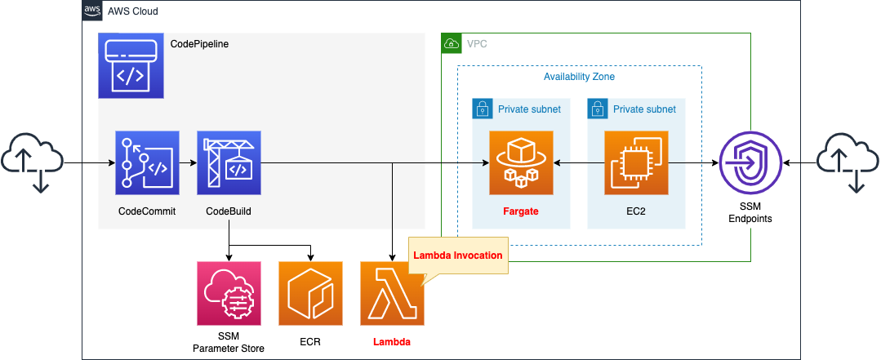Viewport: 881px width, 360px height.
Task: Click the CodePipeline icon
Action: (131, 66)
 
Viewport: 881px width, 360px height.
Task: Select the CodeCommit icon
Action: (147, 163)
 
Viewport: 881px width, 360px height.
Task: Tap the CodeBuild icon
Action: (229, 163)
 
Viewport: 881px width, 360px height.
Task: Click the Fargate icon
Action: (515, 163)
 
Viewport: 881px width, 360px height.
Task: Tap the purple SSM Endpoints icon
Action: (750, 163)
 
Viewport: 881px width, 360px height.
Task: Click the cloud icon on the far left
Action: (31, 164)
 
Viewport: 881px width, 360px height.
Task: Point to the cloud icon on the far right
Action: (849, 164)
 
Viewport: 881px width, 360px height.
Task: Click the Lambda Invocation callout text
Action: (457, 256)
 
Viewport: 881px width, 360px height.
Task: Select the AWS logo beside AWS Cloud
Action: (92, 11)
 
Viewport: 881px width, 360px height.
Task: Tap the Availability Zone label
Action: (579, 77)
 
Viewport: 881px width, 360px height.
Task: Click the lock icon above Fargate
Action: (483, 109)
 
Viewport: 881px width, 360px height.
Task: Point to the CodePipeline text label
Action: (199, 44)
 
